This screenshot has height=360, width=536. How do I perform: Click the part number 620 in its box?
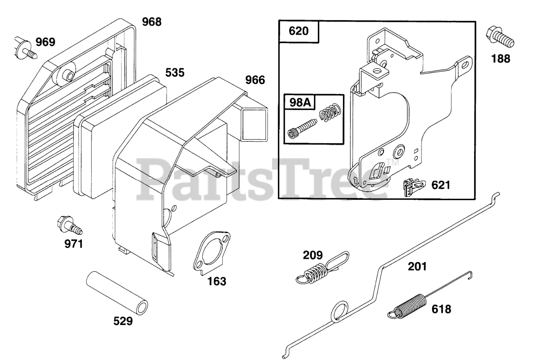pyautogui.click(x=299, y=32)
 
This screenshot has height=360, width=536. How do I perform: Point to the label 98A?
pyautogui.click(x=300, y=102)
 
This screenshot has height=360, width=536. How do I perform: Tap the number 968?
pyautogui.click(x=151, y=22)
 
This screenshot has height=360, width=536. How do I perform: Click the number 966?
pyautogui.click(x=255, y=80)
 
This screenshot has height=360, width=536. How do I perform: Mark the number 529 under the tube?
pyautogui.click(x=123, y=321)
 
